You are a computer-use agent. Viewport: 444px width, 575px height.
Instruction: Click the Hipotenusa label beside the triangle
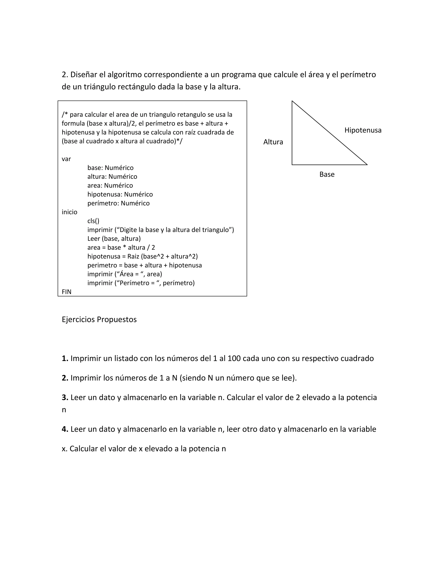[363, 130]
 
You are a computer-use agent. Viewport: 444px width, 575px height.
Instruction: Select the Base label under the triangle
[327, 174]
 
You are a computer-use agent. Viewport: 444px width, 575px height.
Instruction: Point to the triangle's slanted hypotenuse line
[330, 133]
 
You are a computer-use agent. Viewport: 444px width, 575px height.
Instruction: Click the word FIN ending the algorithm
[67, 292]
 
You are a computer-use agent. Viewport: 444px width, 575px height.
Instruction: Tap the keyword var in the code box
[66, 159]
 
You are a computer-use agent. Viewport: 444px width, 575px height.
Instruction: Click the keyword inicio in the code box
[69, 212]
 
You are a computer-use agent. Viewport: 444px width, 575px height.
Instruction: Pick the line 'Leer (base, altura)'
[114, 238]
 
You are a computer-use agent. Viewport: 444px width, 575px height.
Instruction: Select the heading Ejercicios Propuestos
[99, 319]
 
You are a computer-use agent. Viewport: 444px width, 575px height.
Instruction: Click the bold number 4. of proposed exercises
[65, 429]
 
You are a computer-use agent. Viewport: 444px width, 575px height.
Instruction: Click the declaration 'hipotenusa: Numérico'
[120, 194]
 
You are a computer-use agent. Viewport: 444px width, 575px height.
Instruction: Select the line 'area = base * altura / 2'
[121, 248]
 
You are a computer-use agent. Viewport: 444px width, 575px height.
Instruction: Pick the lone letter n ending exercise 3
[64, 410]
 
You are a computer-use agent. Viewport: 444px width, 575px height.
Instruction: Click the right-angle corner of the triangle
[292, 164]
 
